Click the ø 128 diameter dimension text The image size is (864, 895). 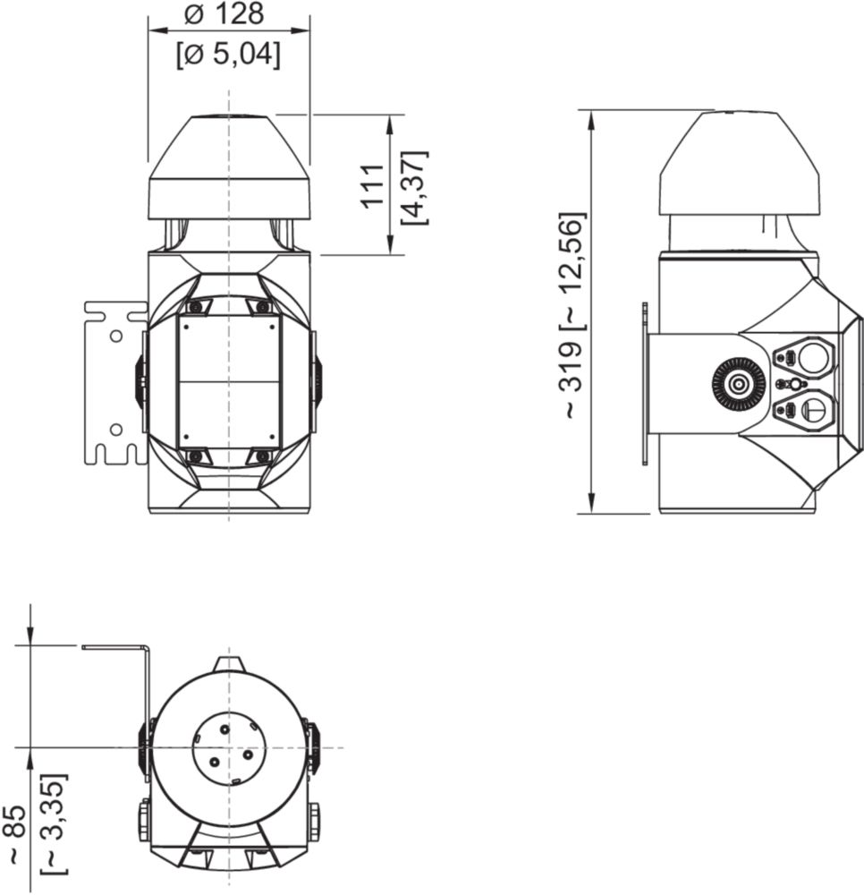tap(228, 14)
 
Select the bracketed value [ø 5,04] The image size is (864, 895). tap(228, 55)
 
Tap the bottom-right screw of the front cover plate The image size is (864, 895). tap(262, 456)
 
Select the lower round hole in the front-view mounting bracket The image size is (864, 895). tap(115, 430)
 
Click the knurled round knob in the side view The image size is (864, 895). tap(739, 385)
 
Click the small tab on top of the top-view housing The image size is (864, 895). tap(229, 663)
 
